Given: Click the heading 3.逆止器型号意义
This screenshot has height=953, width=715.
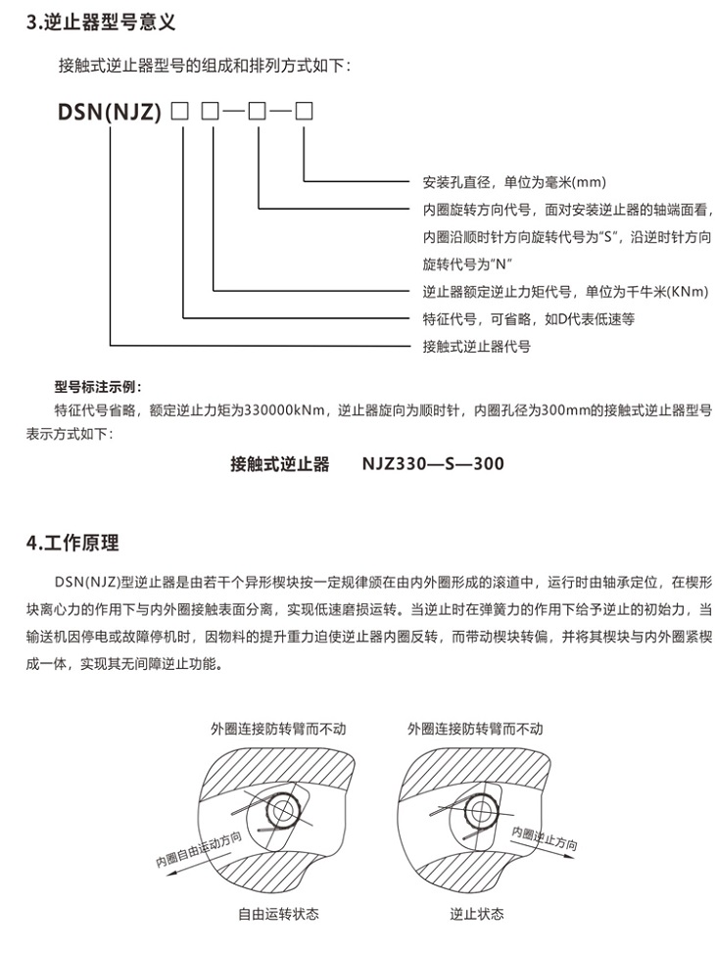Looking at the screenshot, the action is (101, 23).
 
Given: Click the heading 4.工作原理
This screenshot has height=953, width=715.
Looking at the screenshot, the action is (72, 543).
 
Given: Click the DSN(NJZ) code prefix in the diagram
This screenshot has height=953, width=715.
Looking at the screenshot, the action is (110, 112).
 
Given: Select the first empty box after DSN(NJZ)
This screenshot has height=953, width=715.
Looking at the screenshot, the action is (180, 112).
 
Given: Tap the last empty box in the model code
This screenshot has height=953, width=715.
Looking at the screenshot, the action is (304, 112).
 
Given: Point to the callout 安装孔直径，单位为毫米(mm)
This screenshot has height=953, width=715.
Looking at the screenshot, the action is (514, 182).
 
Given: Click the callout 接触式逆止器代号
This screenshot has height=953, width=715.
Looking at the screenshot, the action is (477, 347).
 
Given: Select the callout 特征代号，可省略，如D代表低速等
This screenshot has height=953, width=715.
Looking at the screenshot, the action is (528, 319).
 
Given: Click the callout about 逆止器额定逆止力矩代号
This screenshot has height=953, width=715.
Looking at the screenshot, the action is (565, 292).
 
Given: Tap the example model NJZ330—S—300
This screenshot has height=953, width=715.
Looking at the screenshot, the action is (433, 463).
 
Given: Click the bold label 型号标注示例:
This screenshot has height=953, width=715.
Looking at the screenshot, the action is (98, 387).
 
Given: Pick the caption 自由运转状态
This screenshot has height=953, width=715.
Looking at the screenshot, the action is (278, 914).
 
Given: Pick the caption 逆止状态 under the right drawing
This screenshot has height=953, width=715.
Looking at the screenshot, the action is (477, 914).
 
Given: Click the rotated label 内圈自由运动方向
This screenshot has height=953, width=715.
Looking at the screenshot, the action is (200, 850).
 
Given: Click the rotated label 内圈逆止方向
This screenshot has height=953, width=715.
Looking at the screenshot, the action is (545, 837).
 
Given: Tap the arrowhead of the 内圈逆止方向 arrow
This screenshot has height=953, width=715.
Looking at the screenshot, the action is (569, 856).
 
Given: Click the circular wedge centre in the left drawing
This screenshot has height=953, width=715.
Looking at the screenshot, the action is (281, 811).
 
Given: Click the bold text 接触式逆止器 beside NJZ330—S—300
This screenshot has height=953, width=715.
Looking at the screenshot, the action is (280, 463).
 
